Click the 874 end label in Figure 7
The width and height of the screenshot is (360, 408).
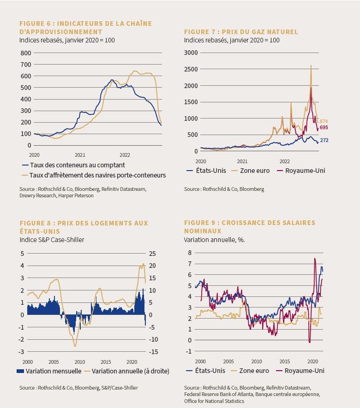324,121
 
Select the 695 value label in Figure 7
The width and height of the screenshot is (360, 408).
324,128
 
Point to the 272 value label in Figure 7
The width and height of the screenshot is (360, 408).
324,140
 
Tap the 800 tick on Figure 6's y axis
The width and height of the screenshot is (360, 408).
26,53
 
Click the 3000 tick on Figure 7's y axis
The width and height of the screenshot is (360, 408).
191,53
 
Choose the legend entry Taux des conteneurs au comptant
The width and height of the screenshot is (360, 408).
74,165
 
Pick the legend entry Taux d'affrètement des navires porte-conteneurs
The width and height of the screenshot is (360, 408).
94,175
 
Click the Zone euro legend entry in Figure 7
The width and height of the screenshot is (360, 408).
251,171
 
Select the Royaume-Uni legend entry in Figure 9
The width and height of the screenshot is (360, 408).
300,371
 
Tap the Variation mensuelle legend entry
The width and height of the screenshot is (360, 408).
49,371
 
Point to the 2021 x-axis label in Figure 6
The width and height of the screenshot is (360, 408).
80,155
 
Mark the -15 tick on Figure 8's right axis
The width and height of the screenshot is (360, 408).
153,352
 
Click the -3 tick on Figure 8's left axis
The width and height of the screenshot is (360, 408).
21,352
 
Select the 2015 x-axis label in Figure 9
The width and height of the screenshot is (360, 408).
284,361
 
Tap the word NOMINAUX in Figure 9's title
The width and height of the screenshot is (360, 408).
203,231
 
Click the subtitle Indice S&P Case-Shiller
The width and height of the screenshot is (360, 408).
52,240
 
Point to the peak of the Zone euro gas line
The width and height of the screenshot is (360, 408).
311,65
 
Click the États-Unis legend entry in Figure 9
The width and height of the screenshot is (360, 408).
206,371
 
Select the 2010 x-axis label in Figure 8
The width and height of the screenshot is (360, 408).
80,362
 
